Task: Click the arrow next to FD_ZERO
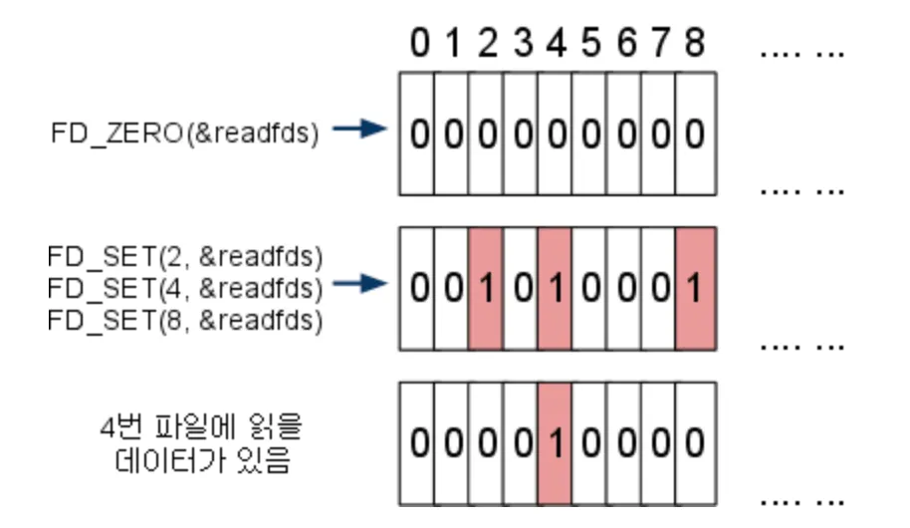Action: coord(357,131)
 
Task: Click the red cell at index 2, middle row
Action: coord(486,289)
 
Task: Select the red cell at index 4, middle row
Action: coord(555,289)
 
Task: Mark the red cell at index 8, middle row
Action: coord(694,289)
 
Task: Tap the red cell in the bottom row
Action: coord(555,441)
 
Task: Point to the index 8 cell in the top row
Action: coord(694,133)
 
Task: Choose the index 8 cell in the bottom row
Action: coord(694,441)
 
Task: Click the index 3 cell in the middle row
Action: coord(521,289)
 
